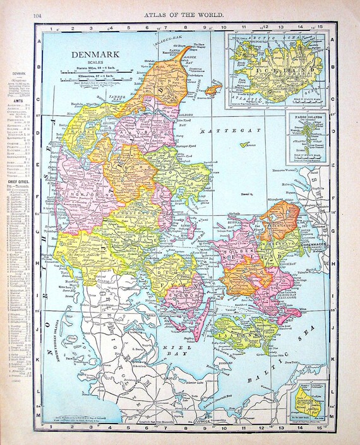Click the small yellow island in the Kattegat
tap(243, 146)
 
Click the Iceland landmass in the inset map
tap(275, 69)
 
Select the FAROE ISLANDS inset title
tap(307, 117)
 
